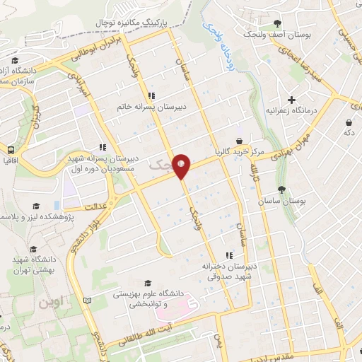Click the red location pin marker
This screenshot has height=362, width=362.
point(182,166)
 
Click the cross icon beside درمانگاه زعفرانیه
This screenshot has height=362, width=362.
point(291,100)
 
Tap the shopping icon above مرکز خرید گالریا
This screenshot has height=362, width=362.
point(240,140)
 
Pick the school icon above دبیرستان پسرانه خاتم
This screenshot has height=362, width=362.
point(151,96)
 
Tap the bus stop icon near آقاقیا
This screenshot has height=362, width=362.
point(11,150)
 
